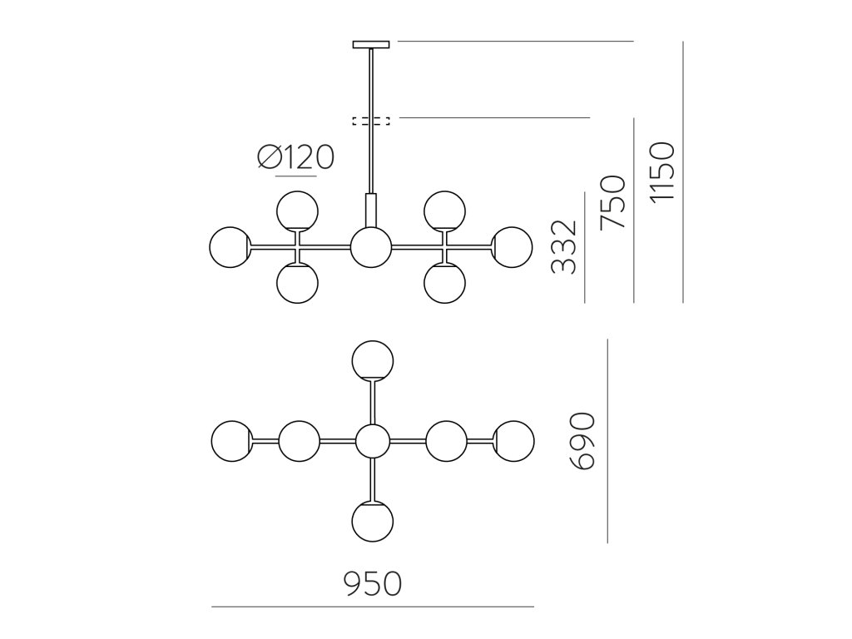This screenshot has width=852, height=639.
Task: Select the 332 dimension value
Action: (x=564, y=247)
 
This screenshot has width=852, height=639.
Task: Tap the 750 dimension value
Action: (x=612, y=203)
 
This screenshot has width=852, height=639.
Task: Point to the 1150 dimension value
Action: (x=661, y=172)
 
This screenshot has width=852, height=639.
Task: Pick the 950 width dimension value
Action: (x=373, y=584)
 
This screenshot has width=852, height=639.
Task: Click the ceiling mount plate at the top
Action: (x=371, y=44)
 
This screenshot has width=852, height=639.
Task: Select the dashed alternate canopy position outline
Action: (x=371, y=121)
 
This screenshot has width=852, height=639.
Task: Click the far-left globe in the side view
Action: (x=230, y=247)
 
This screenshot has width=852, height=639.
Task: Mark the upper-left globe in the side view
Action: (x=297, y=210)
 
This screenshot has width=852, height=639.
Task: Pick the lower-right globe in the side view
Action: (x=444, y=284)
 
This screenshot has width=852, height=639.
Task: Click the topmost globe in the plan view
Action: (x=372, y=360)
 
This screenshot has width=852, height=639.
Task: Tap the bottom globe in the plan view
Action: (x=372, y=522)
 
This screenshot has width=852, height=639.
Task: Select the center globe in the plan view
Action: (x=372, y=441)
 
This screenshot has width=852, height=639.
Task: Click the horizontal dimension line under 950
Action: (x=373, y=607)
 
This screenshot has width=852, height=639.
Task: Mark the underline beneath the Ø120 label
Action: (x=295, y=176)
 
